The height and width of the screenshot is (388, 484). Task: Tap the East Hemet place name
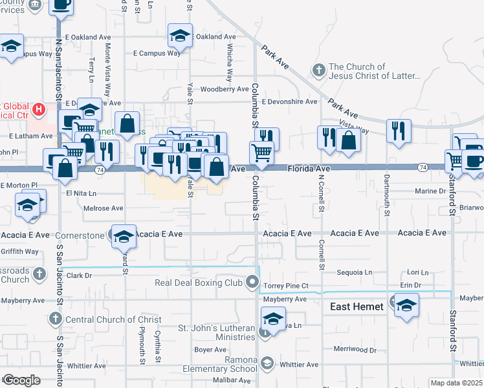click(357, 307)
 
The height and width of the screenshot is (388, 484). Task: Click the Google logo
click(21, 380)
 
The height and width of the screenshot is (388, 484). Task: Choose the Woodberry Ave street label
click(225, 89)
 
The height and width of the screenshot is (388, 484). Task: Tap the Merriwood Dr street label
click(354, 349)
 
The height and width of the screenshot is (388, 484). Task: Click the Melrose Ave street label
click(104, 208)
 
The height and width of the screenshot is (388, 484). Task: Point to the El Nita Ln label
click(81, 193)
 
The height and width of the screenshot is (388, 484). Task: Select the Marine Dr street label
click(430, 191)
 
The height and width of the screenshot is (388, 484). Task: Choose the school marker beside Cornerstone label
click(123, 236)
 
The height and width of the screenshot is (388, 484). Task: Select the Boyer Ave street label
click(210, 350)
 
